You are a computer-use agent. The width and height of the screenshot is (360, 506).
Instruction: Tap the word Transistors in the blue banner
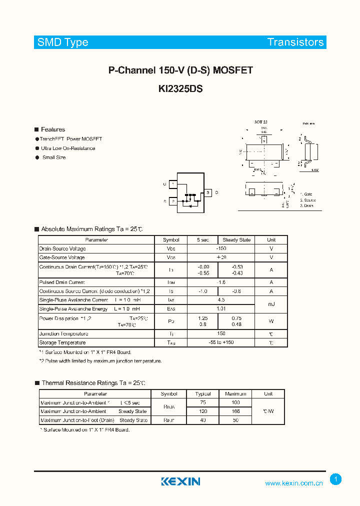click(x=295, y=42)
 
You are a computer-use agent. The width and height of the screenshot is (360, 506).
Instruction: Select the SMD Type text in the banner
click(x=63, y=42)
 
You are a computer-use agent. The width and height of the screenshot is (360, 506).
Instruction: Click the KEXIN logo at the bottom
click(x=180, y=481)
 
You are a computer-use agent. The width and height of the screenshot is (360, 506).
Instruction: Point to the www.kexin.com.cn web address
click(x=293, y=483)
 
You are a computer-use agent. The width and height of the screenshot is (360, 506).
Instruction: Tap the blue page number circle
click(x=336, y=479)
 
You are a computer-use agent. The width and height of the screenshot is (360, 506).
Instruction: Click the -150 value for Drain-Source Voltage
click(x=220, y=248)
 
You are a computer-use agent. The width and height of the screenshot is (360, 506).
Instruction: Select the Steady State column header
click(x=236, y=240)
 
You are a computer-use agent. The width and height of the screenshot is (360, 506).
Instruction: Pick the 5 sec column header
click(x=203, y=240)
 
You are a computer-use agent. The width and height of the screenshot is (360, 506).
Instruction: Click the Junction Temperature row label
click(x=64, y=333)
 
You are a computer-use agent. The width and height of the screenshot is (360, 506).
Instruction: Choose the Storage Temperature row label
click(x=62, y=342)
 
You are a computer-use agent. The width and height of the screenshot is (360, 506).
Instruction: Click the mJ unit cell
click(x=271, y=304)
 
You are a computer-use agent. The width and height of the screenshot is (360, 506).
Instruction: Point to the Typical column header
click(x=203, y=394)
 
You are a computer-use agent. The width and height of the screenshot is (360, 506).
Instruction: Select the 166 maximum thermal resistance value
click(x=236, y=411)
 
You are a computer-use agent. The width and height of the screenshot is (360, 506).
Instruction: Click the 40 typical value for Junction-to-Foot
click(x=203, y=420)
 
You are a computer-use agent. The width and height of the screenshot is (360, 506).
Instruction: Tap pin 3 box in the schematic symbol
click(x=207, y=192)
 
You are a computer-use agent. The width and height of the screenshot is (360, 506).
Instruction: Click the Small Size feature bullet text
click(x=54, y=157)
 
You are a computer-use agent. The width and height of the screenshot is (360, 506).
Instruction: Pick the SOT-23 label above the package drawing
click(x=260, y=122)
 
